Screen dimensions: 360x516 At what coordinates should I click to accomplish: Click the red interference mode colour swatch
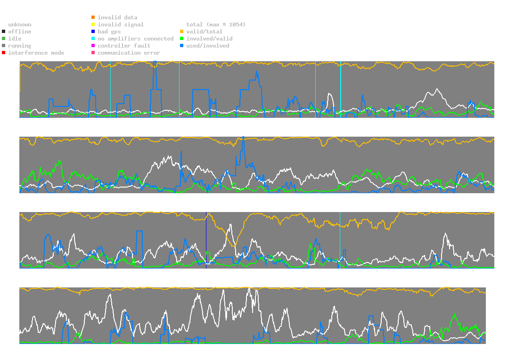coord(3,53)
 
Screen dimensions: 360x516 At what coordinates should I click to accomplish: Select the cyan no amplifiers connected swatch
coord(93,39)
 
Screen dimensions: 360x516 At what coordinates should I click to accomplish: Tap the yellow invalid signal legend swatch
coord(93,25)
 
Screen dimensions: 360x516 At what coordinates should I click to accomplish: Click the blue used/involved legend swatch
coord(181,46)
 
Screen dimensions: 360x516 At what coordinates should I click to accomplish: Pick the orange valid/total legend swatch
coord(181,32)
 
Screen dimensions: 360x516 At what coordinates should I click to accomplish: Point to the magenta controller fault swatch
coord(93,46)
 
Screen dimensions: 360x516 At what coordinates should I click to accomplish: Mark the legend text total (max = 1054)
coord(216,25)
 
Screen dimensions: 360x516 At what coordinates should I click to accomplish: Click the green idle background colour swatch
coord(3,39)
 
